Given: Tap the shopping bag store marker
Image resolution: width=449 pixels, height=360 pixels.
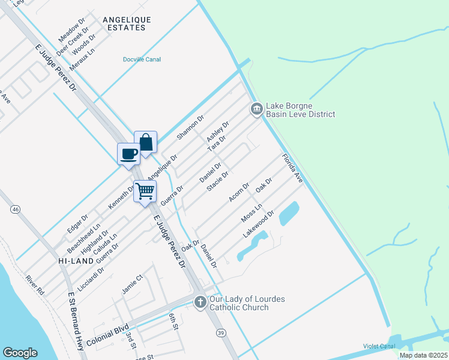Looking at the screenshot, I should click(x=145, y=142).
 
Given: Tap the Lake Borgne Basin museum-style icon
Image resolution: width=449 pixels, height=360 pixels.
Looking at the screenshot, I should click(x=256, y=109).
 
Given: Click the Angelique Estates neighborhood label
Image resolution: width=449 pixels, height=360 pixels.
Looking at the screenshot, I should click(x=127, y=23).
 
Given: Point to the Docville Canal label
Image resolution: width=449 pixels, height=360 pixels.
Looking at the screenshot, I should click(x=142, y=59).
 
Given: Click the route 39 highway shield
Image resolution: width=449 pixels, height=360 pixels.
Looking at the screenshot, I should click(x=221, y=333).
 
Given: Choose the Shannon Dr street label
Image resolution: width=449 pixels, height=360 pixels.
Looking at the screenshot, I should click(x=191, y=127).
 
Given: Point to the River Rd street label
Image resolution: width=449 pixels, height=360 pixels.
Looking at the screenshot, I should click(x=35, y=285).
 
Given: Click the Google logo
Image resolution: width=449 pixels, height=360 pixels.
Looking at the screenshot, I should click(x=20, y=353).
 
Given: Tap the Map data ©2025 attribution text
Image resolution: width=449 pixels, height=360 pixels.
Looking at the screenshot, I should click(x=423, y=355).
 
